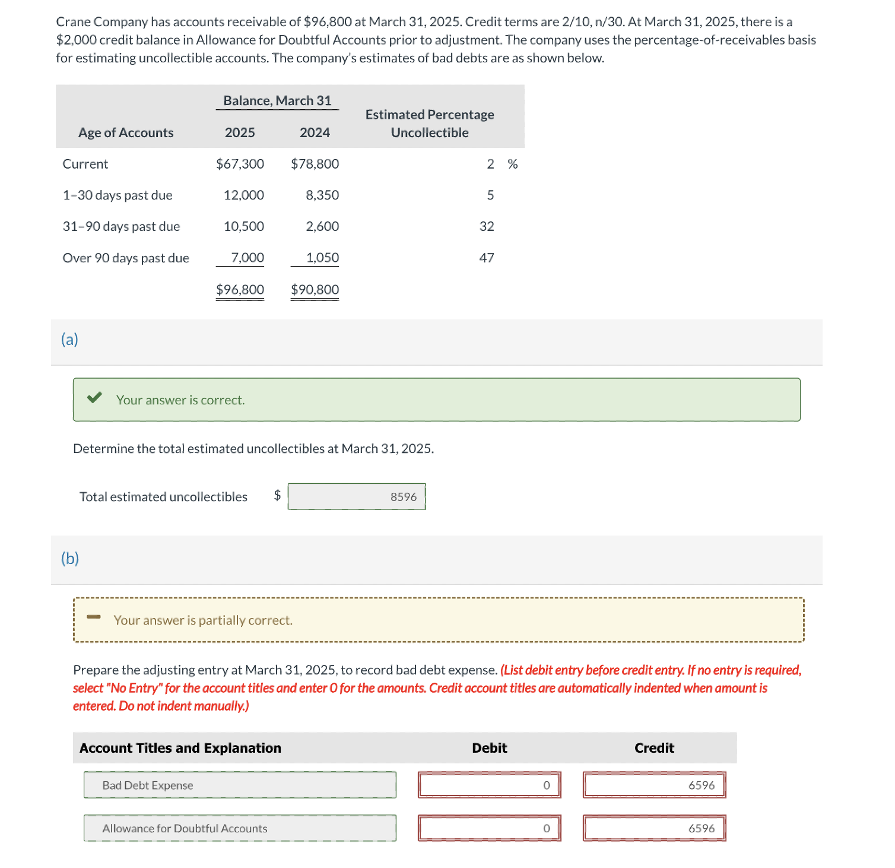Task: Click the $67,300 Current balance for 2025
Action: coord(240,164)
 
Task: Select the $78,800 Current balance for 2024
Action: coord(315,164)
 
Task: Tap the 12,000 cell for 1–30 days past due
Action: coord(243,195)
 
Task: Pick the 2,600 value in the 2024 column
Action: coord(322,227)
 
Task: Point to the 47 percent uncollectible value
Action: coord(486,258)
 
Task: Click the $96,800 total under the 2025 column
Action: coord(240,290)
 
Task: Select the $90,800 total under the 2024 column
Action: coord(315,290)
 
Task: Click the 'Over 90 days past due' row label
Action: coord(126,258)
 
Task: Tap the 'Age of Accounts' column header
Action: coord(126,133)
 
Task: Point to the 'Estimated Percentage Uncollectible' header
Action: coord(430,123)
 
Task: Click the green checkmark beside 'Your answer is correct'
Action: coord(94,398)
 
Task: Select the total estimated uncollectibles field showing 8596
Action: coord(357,496)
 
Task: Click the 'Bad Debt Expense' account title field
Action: coord(240,785)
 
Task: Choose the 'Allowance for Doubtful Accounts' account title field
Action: coord(240,828)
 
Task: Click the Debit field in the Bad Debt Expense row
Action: coord(489,785)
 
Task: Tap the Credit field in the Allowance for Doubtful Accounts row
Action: coord(654,828)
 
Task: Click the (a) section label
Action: coord(69,340)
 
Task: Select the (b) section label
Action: coord(70,559)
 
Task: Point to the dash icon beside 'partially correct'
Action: coord(94,617)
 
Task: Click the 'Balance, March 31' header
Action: coord(277,101)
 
